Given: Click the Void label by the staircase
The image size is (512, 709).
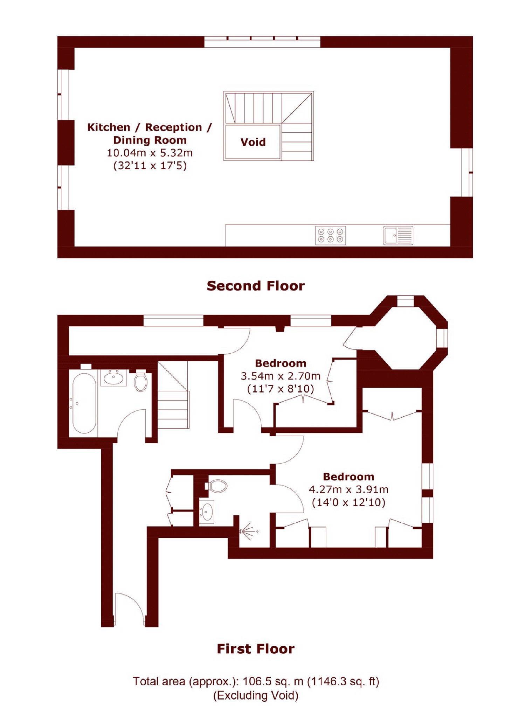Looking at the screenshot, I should [252, 142].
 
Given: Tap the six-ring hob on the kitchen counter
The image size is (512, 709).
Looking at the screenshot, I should [330, 235].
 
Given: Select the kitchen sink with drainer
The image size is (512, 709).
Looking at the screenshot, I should [397, 235].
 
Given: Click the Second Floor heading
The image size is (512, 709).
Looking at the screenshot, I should [255, 286].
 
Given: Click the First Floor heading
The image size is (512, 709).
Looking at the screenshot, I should [255, 649].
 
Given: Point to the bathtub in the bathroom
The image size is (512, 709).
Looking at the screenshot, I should [84, 403].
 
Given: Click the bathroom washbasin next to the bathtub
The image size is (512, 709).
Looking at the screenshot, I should [113, 378].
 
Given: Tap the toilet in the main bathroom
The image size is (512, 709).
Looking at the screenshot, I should [141, 382].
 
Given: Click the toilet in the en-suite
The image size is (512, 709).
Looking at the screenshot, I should [218, 486].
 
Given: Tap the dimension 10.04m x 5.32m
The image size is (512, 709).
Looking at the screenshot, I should [150, 153].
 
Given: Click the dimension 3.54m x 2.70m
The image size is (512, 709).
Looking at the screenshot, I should [280, 376].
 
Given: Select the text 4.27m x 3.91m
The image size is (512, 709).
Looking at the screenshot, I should [348, 489].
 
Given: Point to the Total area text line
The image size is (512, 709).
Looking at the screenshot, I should [255, 681].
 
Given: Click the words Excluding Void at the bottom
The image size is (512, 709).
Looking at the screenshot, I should [255, 695].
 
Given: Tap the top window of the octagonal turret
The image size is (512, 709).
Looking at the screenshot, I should [405, 301].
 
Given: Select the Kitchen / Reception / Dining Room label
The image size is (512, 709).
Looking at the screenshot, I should [150, 133].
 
